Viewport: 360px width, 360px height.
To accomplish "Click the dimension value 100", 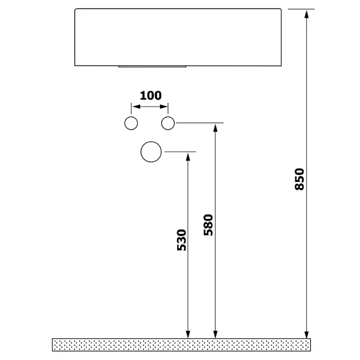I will coord(150,95).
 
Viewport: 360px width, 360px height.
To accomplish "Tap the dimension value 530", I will coord(181,240).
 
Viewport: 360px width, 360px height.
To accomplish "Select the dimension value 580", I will coord(208,225).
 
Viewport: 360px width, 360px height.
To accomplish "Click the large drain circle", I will coord(151,152).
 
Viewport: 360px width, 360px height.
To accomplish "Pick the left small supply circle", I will coord(131,122).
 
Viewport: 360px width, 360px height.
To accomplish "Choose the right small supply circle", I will coord(168,122).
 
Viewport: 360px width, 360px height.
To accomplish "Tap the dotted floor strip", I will coord(182,344).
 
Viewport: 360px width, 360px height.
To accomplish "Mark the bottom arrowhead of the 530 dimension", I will coord(189,334).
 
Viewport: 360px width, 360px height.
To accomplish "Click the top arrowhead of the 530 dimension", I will coord(189,157).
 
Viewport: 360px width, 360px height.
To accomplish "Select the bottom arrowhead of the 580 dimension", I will coord(215,334).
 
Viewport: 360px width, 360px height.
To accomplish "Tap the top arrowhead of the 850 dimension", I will coord(307,14).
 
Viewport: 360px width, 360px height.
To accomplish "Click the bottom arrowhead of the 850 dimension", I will coord(307,334).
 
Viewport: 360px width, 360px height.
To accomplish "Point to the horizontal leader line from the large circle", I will coord(180,152).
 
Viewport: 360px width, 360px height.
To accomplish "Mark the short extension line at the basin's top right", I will coord(301,9).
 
